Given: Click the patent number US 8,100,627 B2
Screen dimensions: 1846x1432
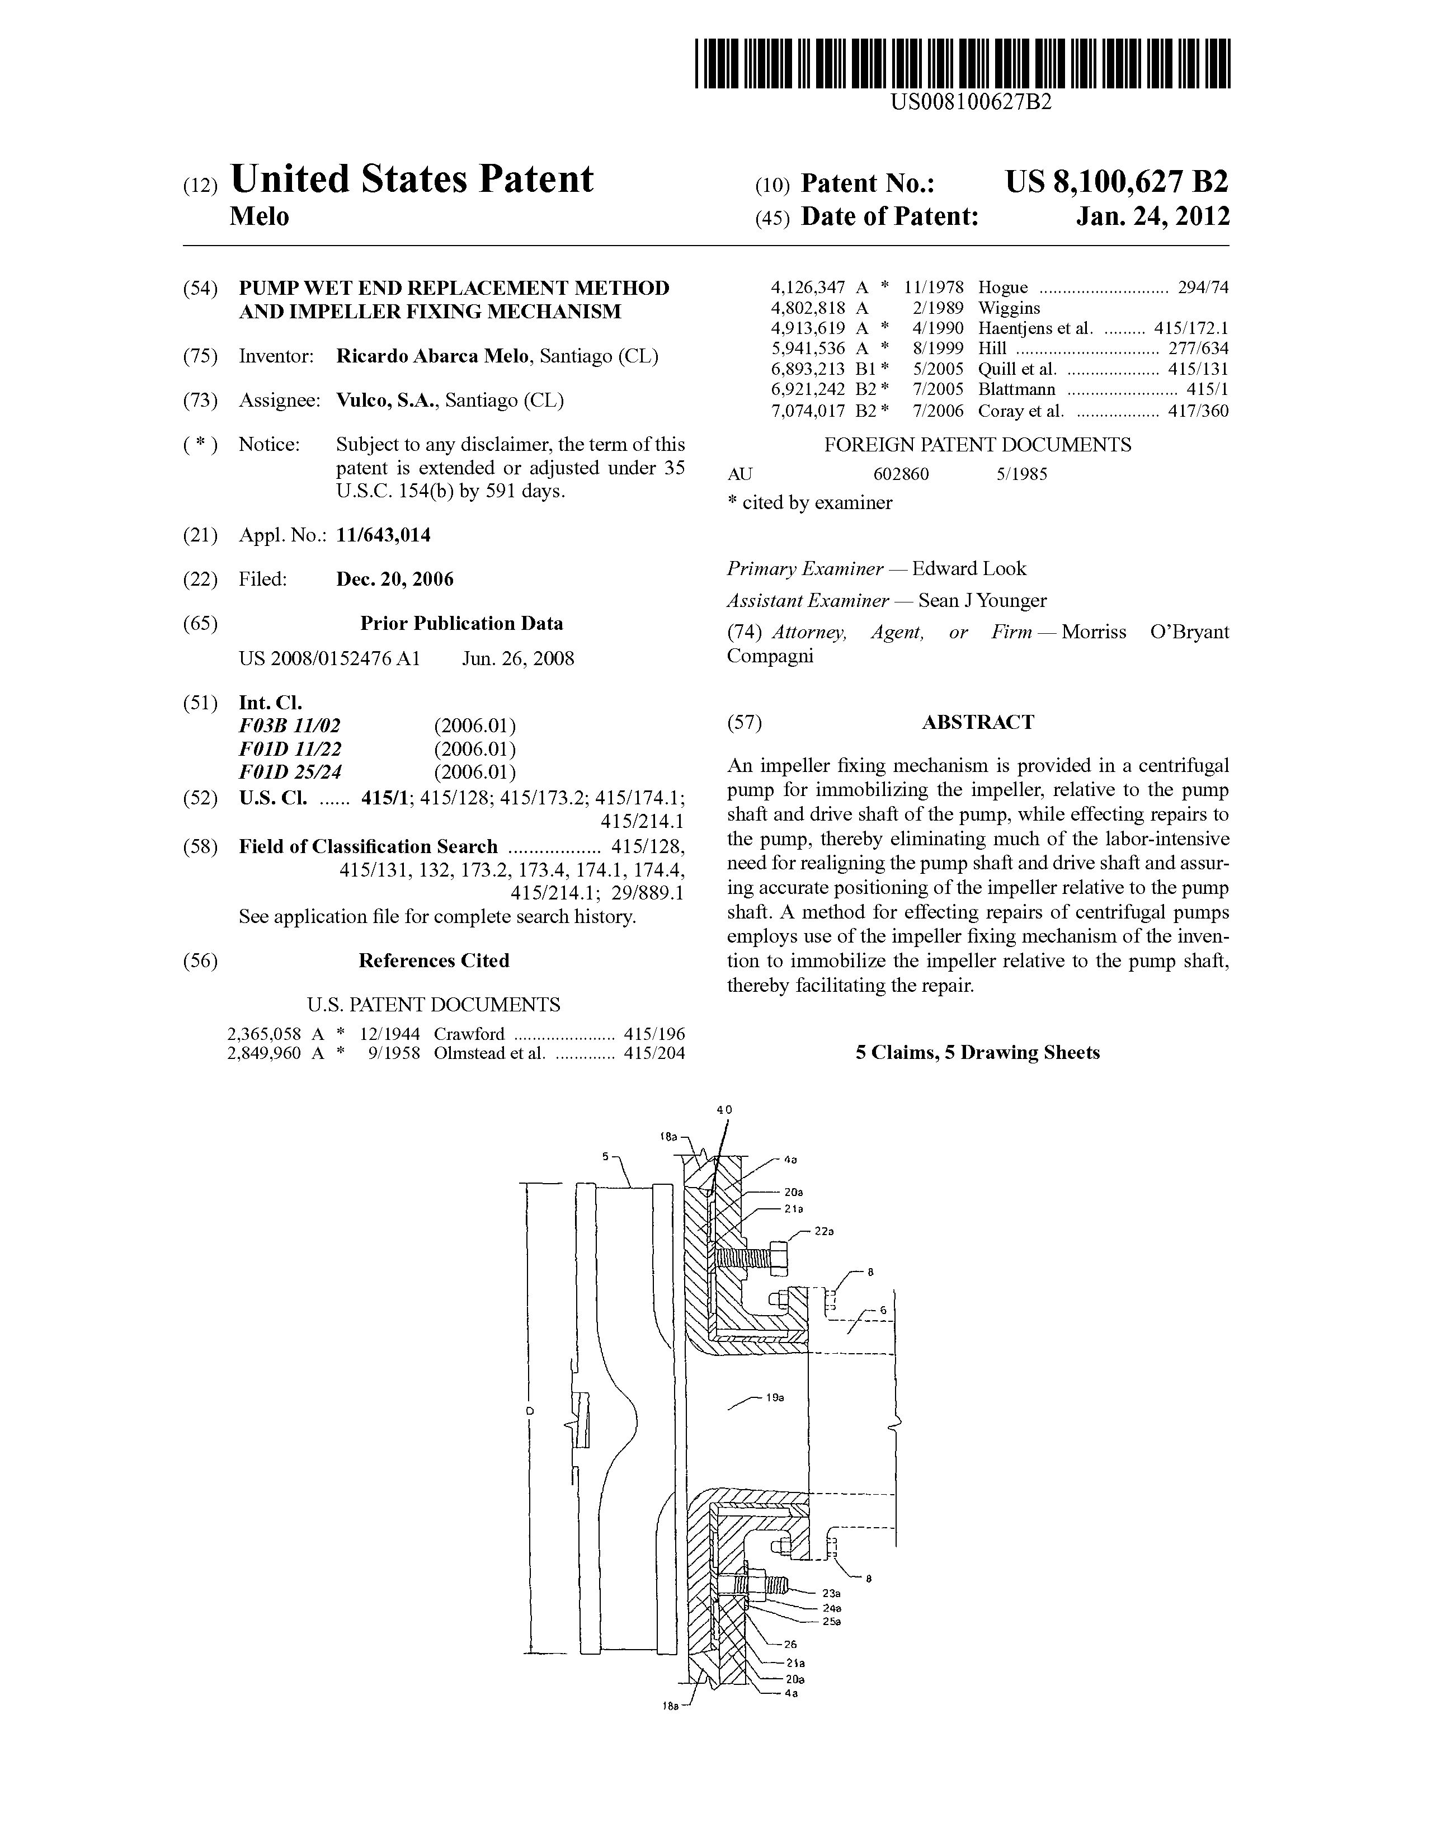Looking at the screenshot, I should pos(1117,182).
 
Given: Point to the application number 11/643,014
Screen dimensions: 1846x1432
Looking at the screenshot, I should pos(383,535).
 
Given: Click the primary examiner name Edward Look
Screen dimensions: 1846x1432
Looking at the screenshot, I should pos(969,569).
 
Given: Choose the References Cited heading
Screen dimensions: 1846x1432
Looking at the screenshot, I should pos(434,961).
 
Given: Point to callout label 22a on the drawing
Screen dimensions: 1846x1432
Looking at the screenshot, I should pos(824,1232).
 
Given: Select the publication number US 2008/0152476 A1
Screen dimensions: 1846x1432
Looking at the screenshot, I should pos(329,658).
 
